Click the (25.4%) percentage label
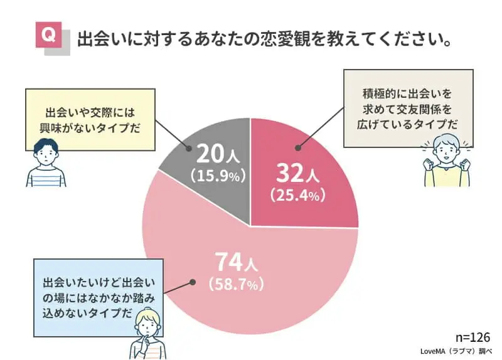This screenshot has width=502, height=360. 297,195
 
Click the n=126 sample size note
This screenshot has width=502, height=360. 473,337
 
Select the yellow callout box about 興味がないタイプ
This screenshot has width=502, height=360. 90,119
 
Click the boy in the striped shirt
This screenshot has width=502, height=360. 45,162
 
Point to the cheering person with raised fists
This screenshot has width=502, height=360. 446,161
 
